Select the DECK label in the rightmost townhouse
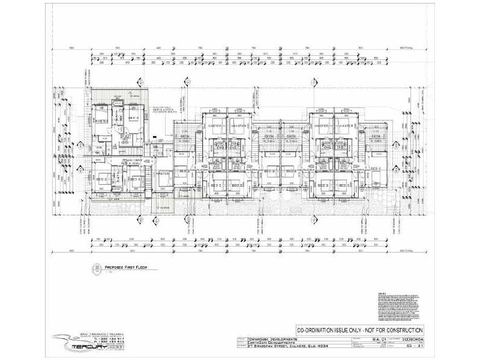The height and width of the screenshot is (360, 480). [376, 137]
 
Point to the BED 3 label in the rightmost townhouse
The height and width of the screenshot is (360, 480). [376, 169]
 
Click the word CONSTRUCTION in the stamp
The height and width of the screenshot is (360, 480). [400, 330]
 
